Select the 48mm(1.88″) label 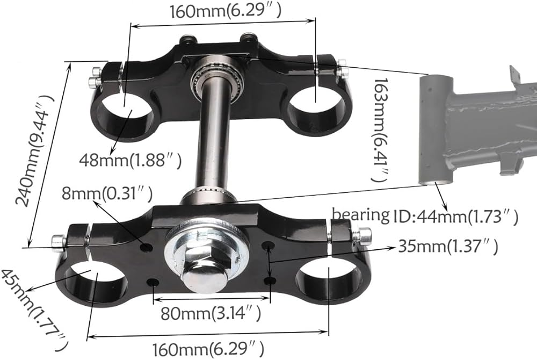[x=130, y=160]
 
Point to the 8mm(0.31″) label [x=107, y=194]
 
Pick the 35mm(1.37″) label [x=448, y=246]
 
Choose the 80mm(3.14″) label [x=211, y=313]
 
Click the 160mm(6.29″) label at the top [x=226, y=11]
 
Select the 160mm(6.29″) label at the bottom [x=208, y=349]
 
